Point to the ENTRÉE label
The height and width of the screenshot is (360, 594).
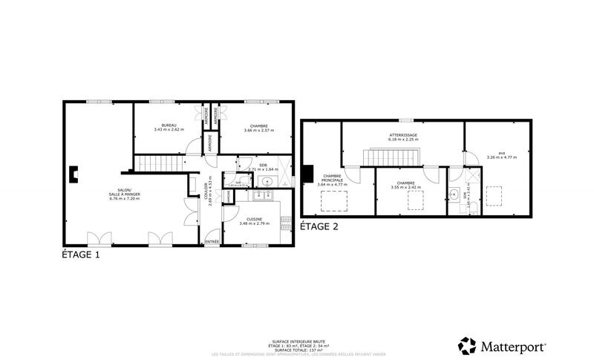[212, 242]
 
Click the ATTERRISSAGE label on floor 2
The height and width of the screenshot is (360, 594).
[403, 135]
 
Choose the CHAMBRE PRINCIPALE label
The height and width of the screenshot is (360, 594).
[332, 179]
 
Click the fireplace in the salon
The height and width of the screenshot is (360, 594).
[71, 174]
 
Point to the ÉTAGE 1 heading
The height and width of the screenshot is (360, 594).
[80, 255]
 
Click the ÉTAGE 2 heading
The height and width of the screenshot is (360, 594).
[319, 227]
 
